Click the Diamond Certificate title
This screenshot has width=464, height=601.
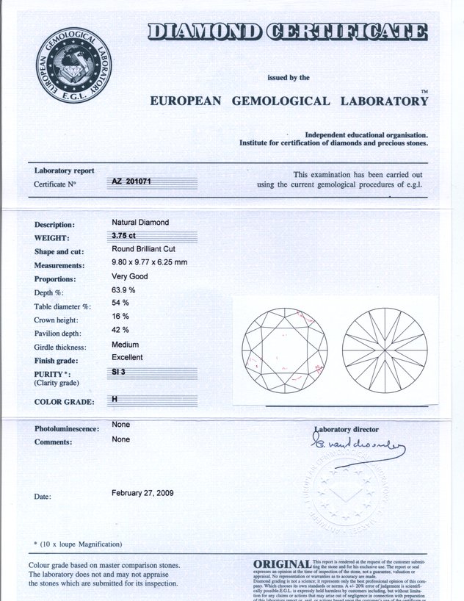286,31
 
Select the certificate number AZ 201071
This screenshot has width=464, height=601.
131,181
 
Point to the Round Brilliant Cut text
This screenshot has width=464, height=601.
144,250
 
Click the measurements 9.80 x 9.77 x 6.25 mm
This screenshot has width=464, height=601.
149,262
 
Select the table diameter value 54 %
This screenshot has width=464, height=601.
120,303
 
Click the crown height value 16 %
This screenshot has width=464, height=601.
120,316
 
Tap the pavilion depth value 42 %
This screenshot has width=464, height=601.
120,330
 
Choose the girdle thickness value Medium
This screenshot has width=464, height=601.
125,344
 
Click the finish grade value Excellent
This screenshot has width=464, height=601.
127,357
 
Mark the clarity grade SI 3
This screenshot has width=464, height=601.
119,373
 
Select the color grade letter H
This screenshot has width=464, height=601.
115,399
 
